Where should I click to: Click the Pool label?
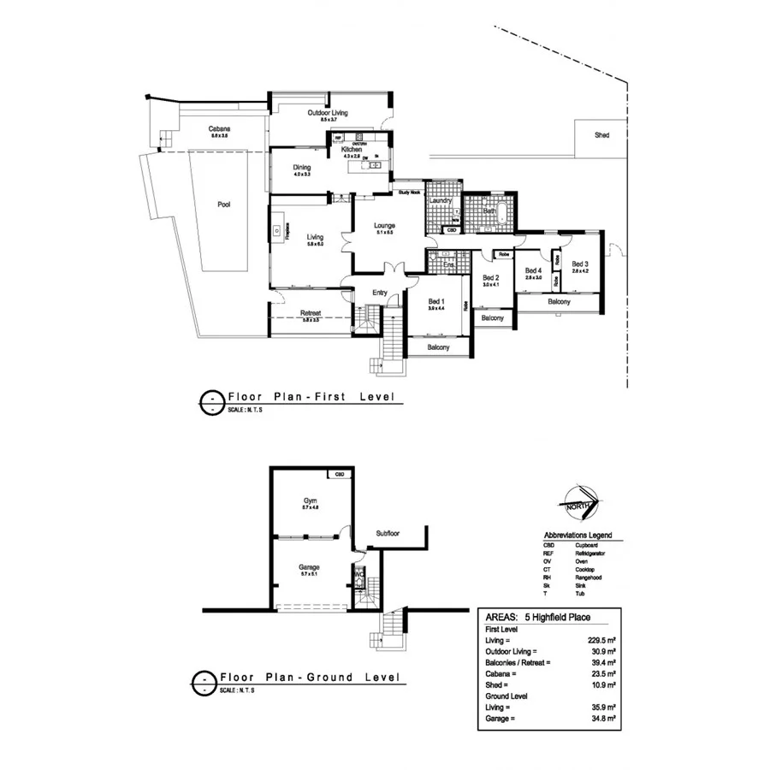[223, 204]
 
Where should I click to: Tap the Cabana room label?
[219, 129]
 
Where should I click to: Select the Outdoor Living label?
[329, 112]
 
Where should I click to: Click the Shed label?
[602, 135]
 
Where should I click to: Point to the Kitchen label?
[352, 149]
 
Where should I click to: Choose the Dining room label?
[301, 167]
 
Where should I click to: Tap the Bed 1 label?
[436, 301]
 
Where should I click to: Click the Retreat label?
[310, 313]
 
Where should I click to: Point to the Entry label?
[380, 293]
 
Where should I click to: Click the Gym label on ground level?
[310, 500]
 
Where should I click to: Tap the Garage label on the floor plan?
[309, 567]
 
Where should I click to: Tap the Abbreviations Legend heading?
[577, 535]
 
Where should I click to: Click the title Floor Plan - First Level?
[309, 398]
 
